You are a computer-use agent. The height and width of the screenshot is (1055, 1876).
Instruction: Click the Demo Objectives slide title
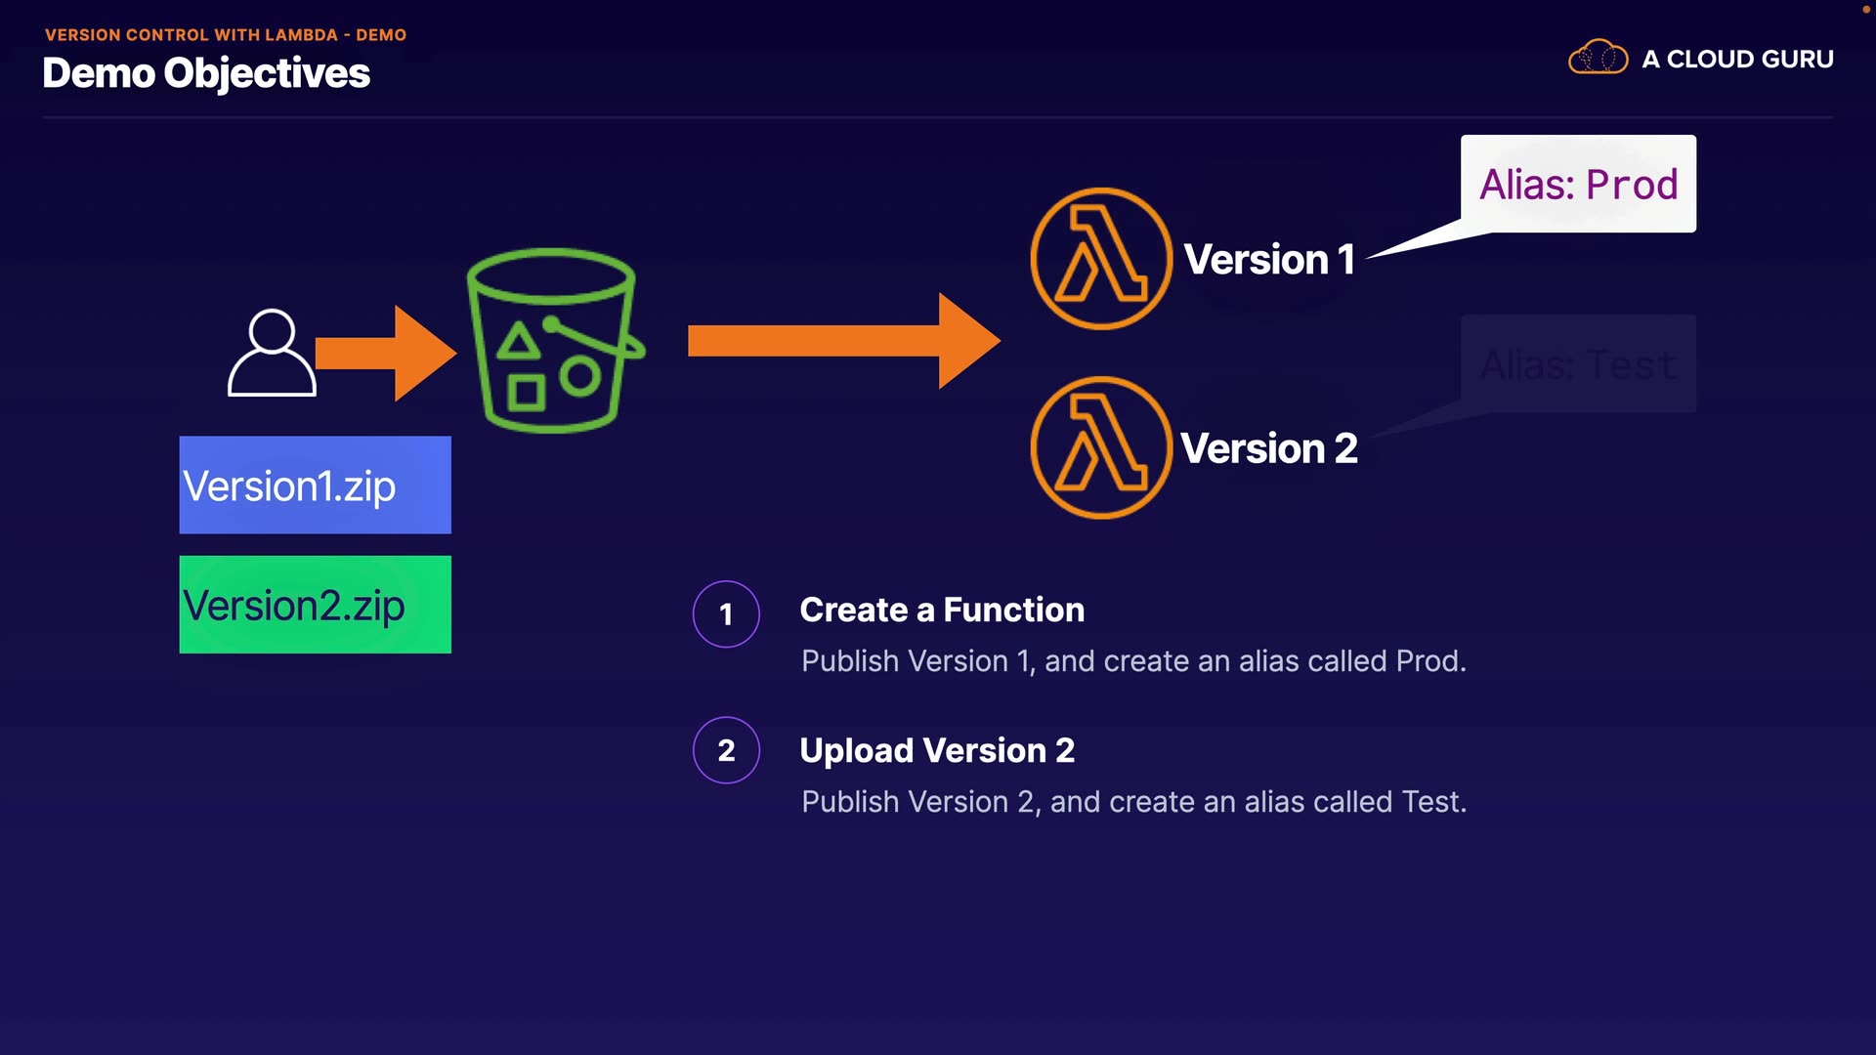tap(206, 73)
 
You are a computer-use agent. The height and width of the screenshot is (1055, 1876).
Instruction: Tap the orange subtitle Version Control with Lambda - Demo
tap(226, 35)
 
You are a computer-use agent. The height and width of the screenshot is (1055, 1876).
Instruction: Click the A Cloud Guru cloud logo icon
tap(1598, 58)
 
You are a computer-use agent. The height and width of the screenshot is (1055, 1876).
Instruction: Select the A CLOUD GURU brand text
tap(1737, 60)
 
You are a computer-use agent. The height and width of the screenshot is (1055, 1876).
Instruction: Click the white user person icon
tap(272, 353)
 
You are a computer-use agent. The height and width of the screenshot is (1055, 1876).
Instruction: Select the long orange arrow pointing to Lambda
tap(843, 341)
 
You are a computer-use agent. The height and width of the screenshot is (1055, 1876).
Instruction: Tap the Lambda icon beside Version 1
tap(1101, 259)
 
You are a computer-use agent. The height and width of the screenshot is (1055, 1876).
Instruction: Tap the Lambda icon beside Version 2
tap(1101, 447)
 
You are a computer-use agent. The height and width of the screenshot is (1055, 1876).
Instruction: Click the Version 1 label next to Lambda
tap(1269, 260)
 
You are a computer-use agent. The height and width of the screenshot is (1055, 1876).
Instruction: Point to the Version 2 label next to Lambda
tap(1269, 448)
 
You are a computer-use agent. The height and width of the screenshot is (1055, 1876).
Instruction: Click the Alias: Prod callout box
tap(1578, 184)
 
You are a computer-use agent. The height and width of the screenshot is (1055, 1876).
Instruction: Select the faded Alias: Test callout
tap(1578, 364)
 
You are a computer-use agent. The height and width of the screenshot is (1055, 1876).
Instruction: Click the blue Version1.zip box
tap(315, 485)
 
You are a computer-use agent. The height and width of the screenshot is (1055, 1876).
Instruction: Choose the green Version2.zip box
tap(315, 605)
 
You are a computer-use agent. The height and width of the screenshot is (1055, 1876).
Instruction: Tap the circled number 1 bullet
tap(726, 613)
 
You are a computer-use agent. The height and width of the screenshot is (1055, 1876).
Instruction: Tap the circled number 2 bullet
tap(726, 750)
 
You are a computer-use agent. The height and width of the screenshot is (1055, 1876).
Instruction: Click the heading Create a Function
tap(942, 610)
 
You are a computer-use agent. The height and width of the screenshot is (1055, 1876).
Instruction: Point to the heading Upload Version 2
tap(937, 750)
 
